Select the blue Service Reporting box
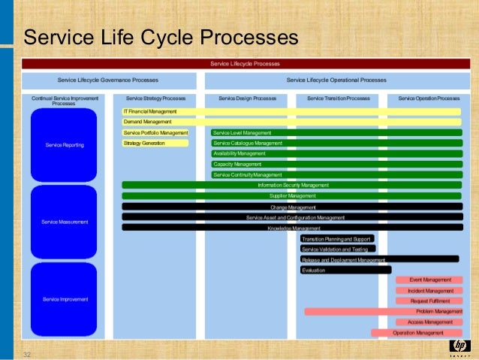64,145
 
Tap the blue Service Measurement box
64,222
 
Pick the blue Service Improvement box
64,299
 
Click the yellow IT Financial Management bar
291,111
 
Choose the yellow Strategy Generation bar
155,143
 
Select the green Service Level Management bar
336,133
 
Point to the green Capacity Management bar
336,164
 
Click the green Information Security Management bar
291,185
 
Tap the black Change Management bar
291,207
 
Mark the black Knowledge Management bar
291,228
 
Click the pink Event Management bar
429,280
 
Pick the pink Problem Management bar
383,311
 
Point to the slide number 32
27,354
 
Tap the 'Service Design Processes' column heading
247,98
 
